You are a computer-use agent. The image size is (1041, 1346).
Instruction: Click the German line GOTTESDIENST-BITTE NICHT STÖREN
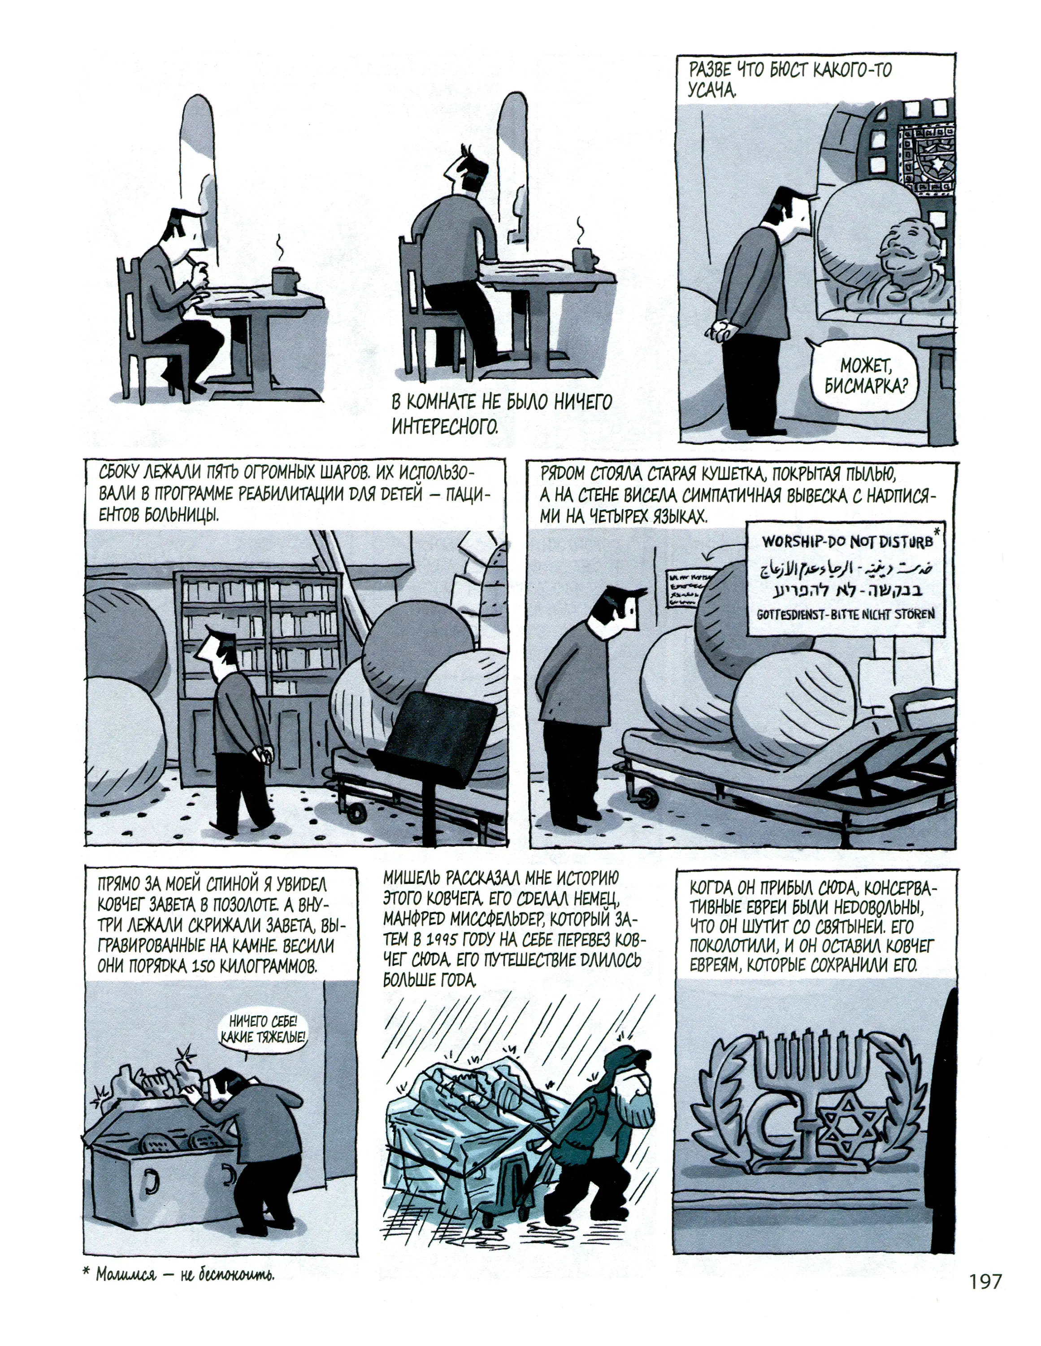pyautogui.click(x=845, y=614)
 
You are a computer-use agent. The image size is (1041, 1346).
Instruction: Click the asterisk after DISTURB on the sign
pyautogui.click(x=937, y=531)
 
